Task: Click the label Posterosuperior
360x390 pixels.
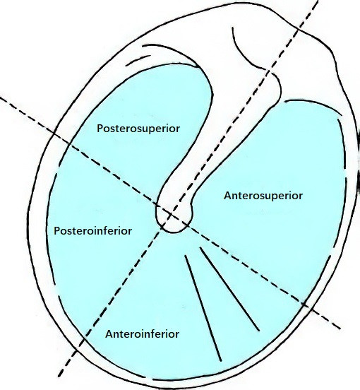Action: [138, 129]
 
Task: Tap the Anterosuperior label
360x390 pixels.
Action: [263, 196]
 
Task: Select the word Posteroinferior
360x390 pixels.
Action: [92, 231]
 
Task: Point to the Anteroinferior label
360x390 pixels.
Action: [142, 333]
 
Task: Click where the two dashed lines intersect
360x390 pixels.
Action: [171, 214]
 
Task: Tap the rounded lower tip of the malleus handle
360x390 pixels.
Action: [173, 231]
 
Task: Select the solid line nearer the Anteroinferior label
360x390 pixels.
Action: [203, 308]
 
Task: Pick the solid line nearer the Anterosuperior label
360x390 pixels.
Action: [229, 289]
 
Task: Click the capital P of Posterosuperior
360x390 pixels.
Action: [100, 129]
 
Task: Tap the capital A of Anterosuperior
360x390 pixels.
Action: [227, 196]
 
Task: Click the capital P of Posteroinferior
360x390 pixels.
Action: [56, 231]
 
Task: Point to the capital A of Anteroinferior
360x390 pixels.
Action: [109, 334]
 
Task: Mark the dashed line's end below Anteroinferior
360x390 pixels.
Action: [59, 376]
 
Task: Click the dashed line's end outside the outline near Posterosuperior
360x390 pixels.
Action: [1, 97]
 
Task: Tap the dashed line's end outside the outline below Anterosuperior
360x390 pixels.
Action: [340, 329]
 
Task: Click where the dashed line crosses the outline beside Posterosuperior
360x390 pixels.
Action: [54, 134]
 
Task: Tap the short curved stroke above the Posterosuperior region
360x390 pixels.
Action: [138, 61]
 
